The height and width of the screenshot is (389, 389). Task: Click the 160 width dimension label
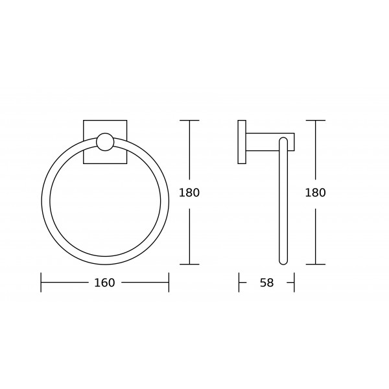pyautogui.click(x=104, y=283)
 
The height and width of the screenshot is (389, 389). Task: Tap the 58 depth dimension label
pyautogui.click(x=266, y=283)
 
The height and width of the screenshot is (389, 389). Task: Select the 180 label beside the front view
pyautogui.click(x=189, y=193)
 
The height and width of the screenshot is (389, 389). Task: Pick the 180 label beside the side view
pyautogui.click(x=315, y=193)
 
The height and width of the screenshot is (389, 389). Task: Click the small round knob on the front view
pyautogui.click(x=105, y=142)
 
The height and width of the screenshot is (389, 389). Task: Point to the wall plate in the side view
pyautogui.click(x=242, y=142)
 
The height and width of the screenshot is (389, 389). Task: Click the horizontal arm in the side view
pyautogui.click(x=270, y=142)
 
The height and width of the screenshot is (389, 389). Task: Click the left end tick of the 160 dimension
pyautogui.click(x=41, y=282)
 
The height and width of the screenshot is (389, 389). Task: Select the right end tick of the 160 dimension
pyautogui.click(x=169, y=282)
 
